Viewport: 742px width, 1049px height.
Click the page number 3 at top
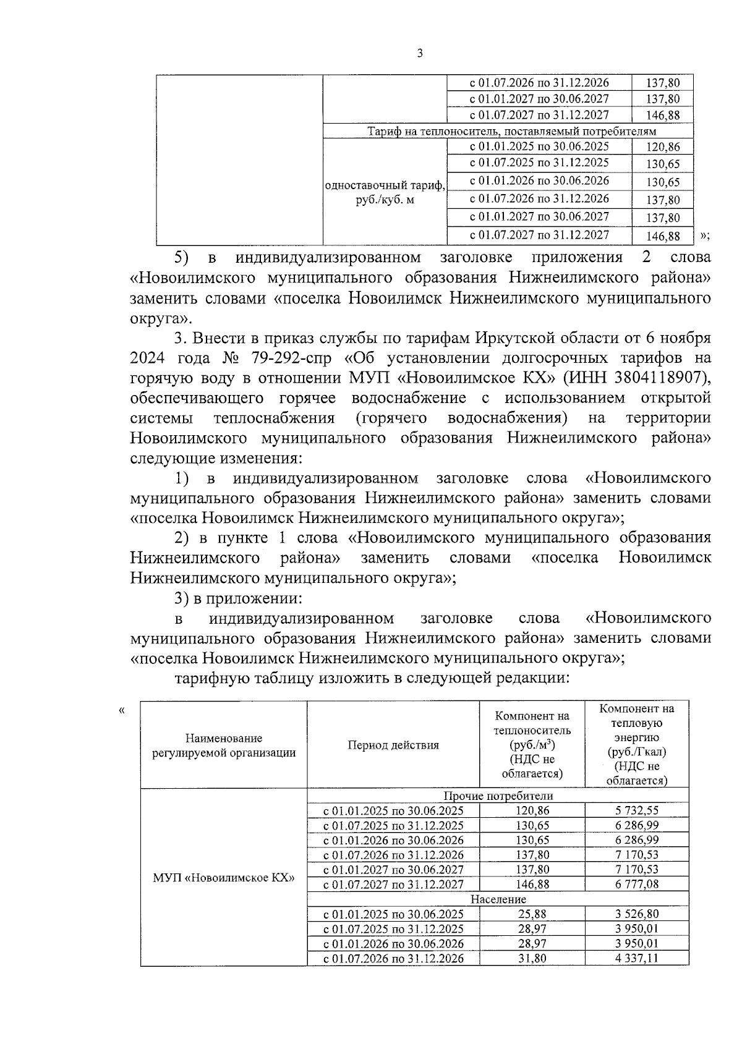tap(420, 54)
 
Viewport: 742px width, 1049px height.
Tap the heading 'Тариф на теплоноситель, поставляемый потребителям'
tap(511, 131)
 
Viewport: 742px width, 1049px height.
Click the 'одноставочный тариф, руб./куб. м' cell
tap(385, 193)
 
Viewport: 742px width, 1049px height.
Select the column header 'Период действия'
tap(393, 745)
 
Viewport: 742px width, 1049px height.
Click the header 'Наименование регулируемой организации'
tap(224, 745)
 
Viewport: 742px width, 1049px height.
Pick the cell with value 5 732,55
tap(637, 810)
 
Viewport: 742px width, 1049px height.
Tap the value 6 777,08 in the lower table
tap(637, 884)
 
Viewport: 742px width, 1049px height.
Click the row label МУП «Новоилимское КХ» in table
tap(224, 878)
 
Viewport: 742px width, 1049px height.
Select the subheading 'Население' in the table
tap(498, 899)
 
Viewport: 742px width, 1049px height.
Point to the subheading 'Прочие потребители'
tap(498, 796)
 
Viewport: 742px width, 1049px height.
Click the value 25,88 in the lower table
tap(532, 914)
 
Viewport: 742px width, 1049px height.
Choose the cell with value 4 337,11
tap(637, 958)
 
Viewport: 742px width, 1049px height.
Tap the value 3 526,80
tap(637, 914)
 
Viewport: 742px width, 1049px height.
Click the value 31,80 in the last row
tap(532, 958)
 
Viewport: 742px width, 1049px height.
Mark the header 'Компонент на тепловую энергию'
tap(637, 744)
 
